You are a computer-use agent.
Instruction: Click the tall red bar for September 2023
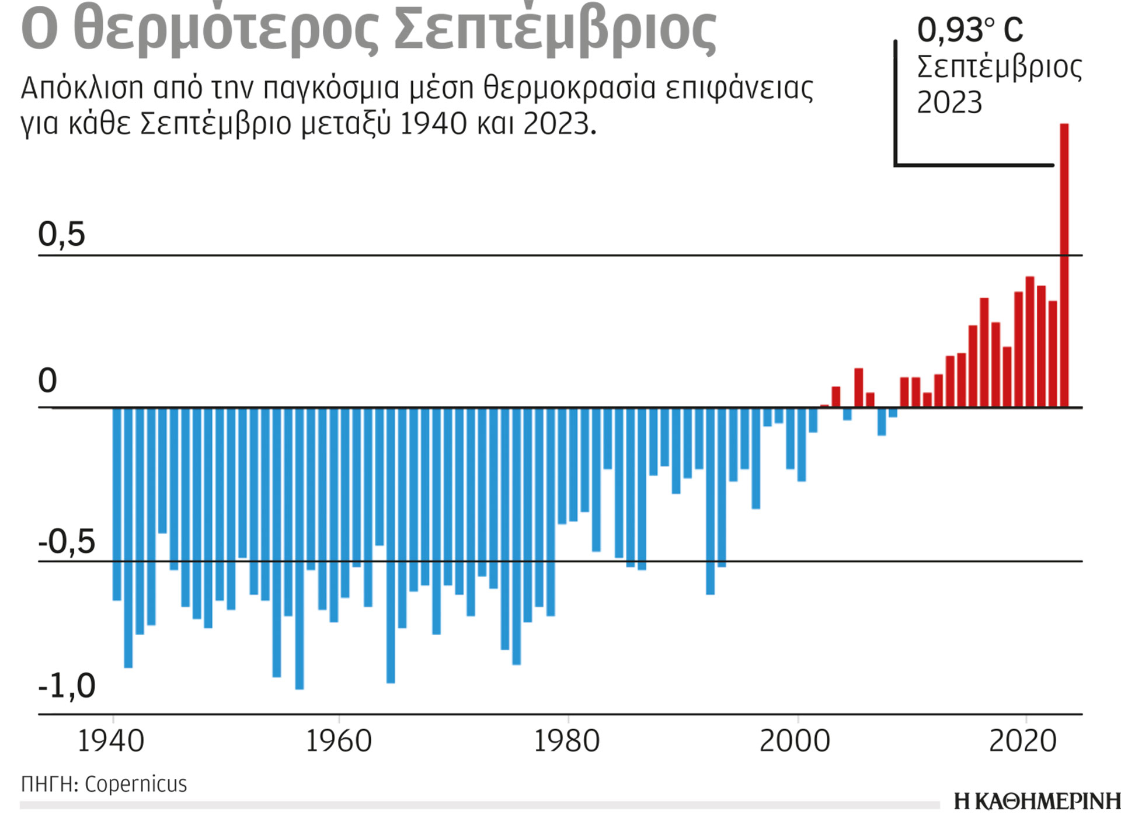click(1064, 266)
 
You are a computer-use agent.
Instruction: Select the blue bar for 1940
click(117, 503)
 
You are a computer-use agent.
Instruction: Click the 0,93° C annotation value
click(970, 30)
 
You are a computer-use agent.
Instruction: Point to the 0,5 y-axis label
click(61, 234)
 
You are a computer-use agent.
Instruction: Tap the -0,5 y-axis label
click(67, 542)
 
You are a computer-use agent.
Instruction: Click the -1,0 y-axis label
click(67, 685)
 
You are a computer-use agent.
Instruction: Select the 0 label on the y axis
click(47, 381)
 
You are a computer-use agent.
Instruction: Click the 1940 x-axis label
click(111, 742)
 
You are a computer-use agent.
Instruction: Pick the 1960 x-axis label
click(339, 742)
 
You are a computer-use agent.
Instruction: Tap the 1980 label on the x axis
click(567, 742)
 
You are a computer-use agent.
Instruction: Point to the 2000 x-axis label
click(795, 742)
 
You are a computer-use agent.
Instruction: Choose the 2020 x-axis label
click(1023, 742)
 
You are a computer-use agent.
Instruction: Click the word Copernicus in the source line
click(135, 784)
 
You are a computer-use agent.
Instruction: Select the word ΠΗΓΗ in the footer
click(48, 784)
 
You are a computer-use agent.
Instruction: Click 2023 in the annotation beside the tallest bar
click(949, 103)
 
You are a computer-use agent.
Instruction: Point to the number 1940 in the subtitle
click(433, 124)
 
